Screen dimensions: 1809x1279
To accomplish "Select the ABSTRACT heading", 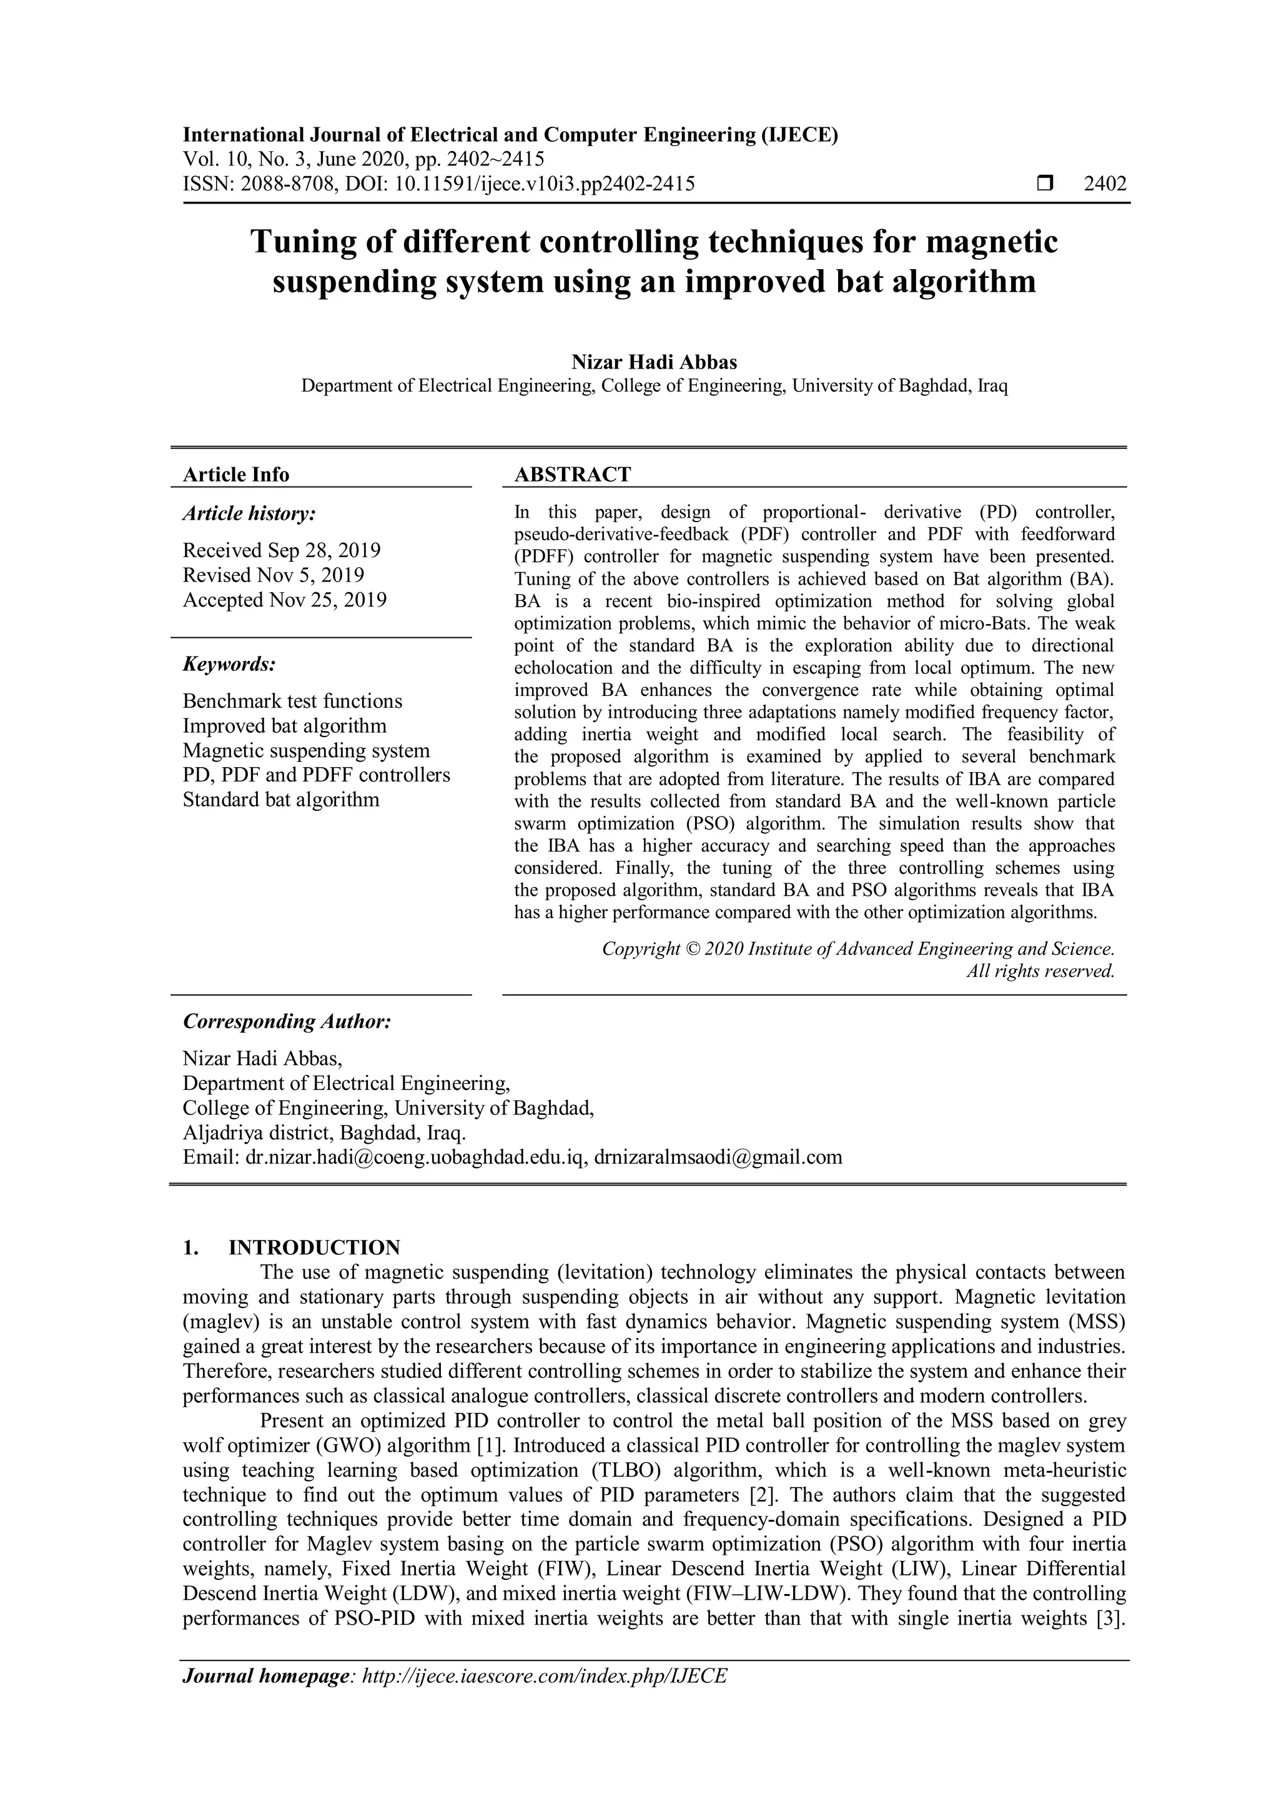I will [573, 474].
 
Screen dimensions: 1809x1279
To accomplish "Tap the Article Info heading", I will [235, 474].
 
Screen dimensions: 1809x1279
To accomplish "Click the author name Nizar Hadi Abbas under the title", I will [654, 362].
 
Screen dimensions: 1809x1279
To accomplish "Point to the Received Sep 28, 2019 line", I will [281, 550].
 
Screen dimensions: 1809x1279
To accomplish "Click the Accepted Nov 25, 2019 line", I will [284, 600].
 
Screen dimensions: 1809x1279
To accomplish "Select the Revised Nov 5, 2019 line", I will [274, 575].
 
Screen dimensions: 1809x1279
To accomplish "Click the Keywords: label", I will [229, 664].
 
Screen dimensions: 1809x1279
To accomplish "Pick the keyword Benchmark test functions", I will [292, 701].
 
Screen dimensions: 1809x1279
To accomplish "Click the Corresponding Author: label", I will [287, 1021].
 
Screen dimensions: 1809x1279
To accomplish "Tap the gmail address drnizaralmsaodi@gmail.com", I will [718, 1157].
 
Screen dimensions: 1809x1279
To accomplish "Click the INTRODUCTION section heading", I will [314, 1247].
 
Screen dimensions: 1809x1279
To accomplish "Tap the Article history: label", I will [249, 513].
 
